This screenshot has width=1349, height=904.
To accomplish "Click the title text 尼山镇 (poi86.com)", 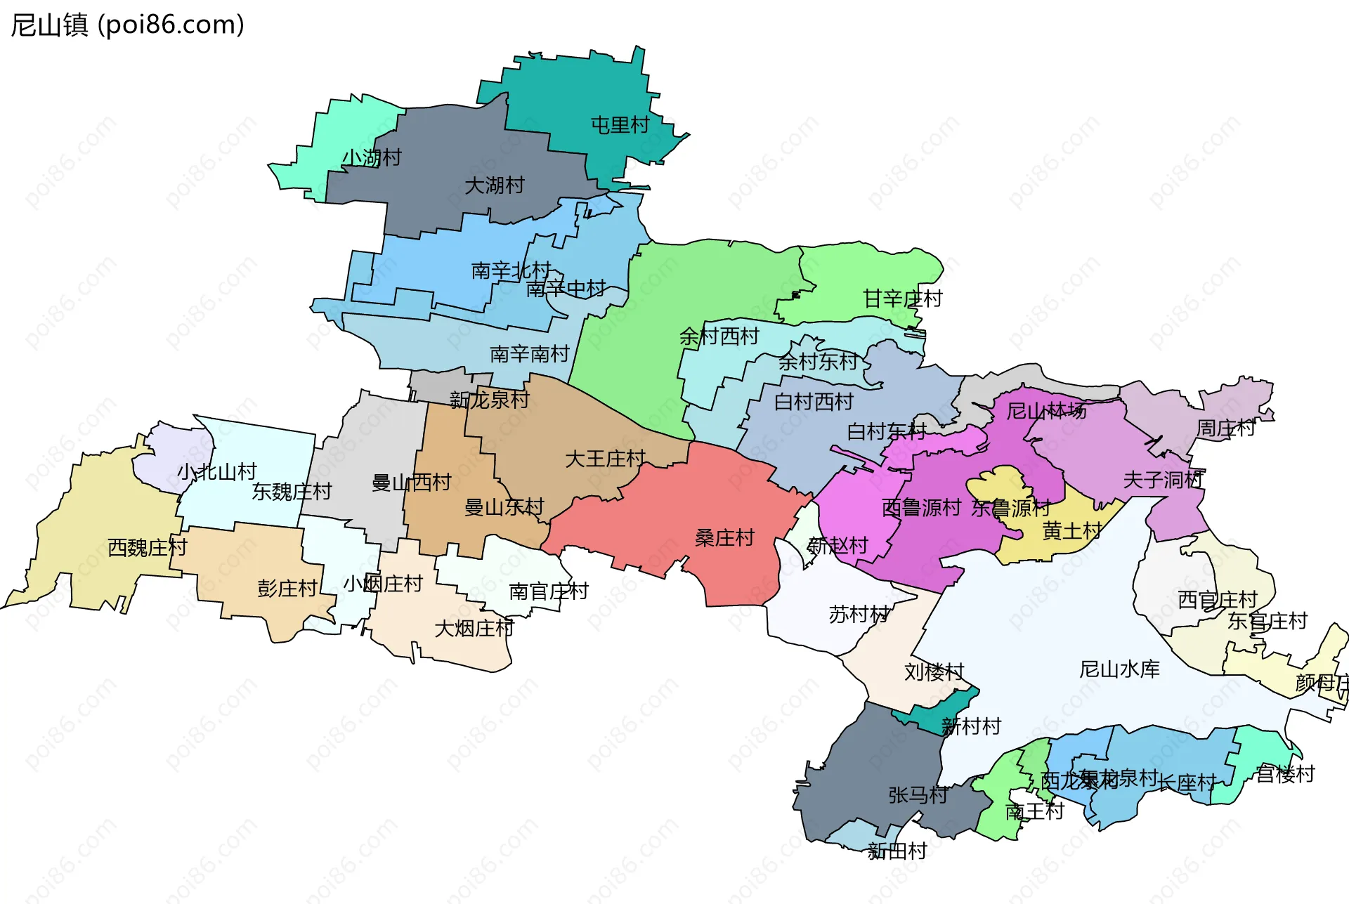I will click(x=127, y=25).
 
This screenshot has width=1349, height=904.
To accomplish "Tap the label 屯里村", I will click(x=620, y=126).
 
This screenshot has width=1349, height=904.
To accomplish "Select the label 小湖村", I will click(x=372, y=158).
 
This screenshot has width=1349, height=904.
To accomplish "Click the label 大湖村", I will click(x=495, y=186).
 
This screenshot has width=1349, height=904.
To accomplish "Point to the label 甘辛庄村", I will click(x=902, y=299).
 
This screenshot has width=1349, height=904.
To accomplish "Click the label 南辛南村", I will click(x=529, y=354).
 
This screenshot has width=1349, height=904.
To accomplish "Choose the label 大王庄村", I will click(x=605, y=459).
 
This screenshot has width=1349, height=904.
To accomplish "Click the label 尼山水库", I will click(x=1119, y=669).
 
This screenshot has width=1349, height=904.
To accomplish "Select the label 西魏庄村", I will click(x=148, y=548).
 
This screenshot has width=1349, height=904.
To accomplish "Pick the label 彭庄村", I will click(x=287, y=589).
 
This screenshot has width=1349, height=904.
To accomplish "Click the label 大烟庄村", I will click(x=474, y=629).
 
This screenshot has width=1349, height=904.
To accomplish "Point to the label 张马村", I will click(x=918, y=796).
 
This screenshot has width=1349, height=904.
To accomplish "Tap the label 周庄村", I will click(x=1225, y=428).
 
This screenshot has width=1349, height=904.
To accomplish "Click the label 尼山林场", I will click(x=1046, y=411).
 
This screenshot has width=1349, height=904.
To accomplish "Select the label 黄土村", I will click(x=1072, y=532).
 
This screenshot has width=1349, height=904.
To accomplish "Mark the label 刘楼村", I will click(x=934, y=672).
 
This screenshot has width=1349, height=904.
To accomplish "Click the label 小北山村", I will click(x=216, y=472).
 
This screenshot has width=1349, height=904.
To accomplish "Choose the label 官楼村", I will click(x=1285, y=774).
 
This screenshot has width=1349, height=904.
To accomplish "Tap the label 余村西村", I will click(x=719, y=336).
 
